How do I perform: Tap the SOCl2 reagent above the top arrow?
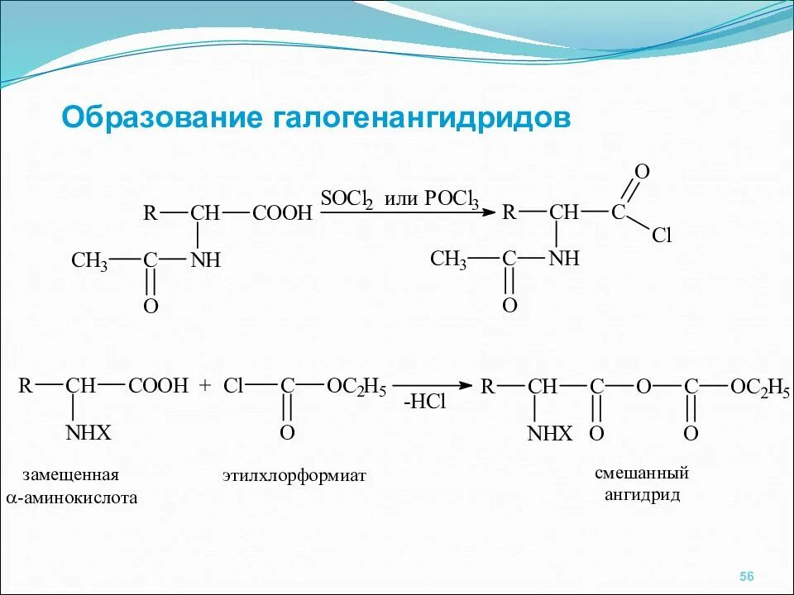click(347, 199)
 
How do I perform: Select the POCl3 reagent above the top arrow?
click(452, 199)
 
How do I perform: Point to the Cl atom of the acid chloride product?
click(662, 236)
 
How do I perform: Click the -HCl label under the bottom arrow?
click(424, 402)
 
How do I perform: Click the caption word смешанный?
click(642, 474)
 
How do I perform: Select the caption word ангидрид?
click(642, 495)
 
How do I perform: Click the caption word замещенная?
click(71, 475)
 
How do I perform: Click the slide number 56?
click(747, 576)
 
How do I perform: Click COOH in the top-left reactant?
click(282, 213)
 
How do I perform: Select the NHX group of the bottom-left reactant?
click(88, 433)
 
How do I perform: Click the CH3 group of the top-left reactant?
click(89, 261)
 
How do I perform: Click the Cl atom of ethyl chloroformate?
click(234, 386)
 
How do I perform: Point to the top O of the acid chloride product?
click(641, 171)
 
